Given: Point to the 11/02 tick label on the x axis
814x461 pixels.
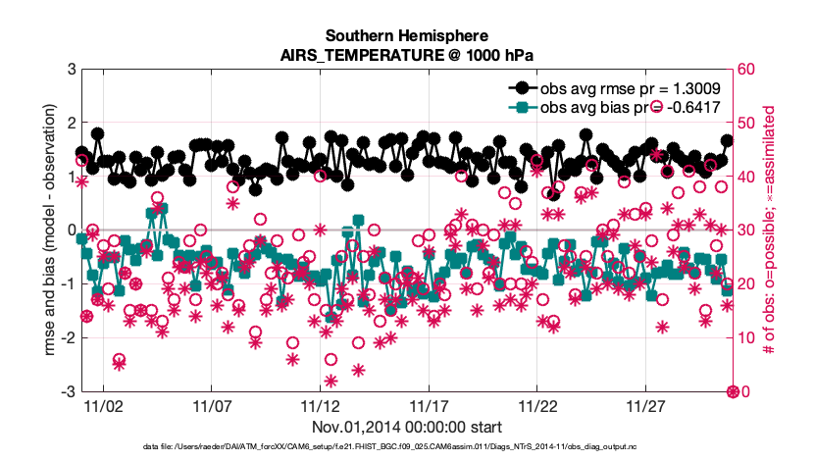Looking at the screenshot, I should (x=103, y=405).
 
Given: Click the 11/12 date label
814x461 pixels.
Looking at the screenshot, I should (x=321, y=405).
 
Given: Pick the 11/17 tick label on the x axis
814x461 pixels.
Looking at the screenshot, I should (x=430, y=405).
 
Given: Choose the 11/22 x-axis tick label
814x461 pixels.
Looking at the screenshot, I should (x=538, y=405).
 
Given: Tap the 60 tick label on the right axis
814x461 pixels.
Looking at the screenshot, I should (x=746, y=70).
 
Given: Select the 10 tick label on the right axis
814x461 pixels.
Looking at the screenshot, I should (x=746, y=338).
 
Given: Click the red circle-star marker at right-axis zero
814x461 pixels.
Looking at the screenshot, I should (x=732, y=391).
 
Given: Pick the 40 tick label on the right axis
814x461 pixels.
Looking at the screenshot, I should (x=746, y=177).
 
